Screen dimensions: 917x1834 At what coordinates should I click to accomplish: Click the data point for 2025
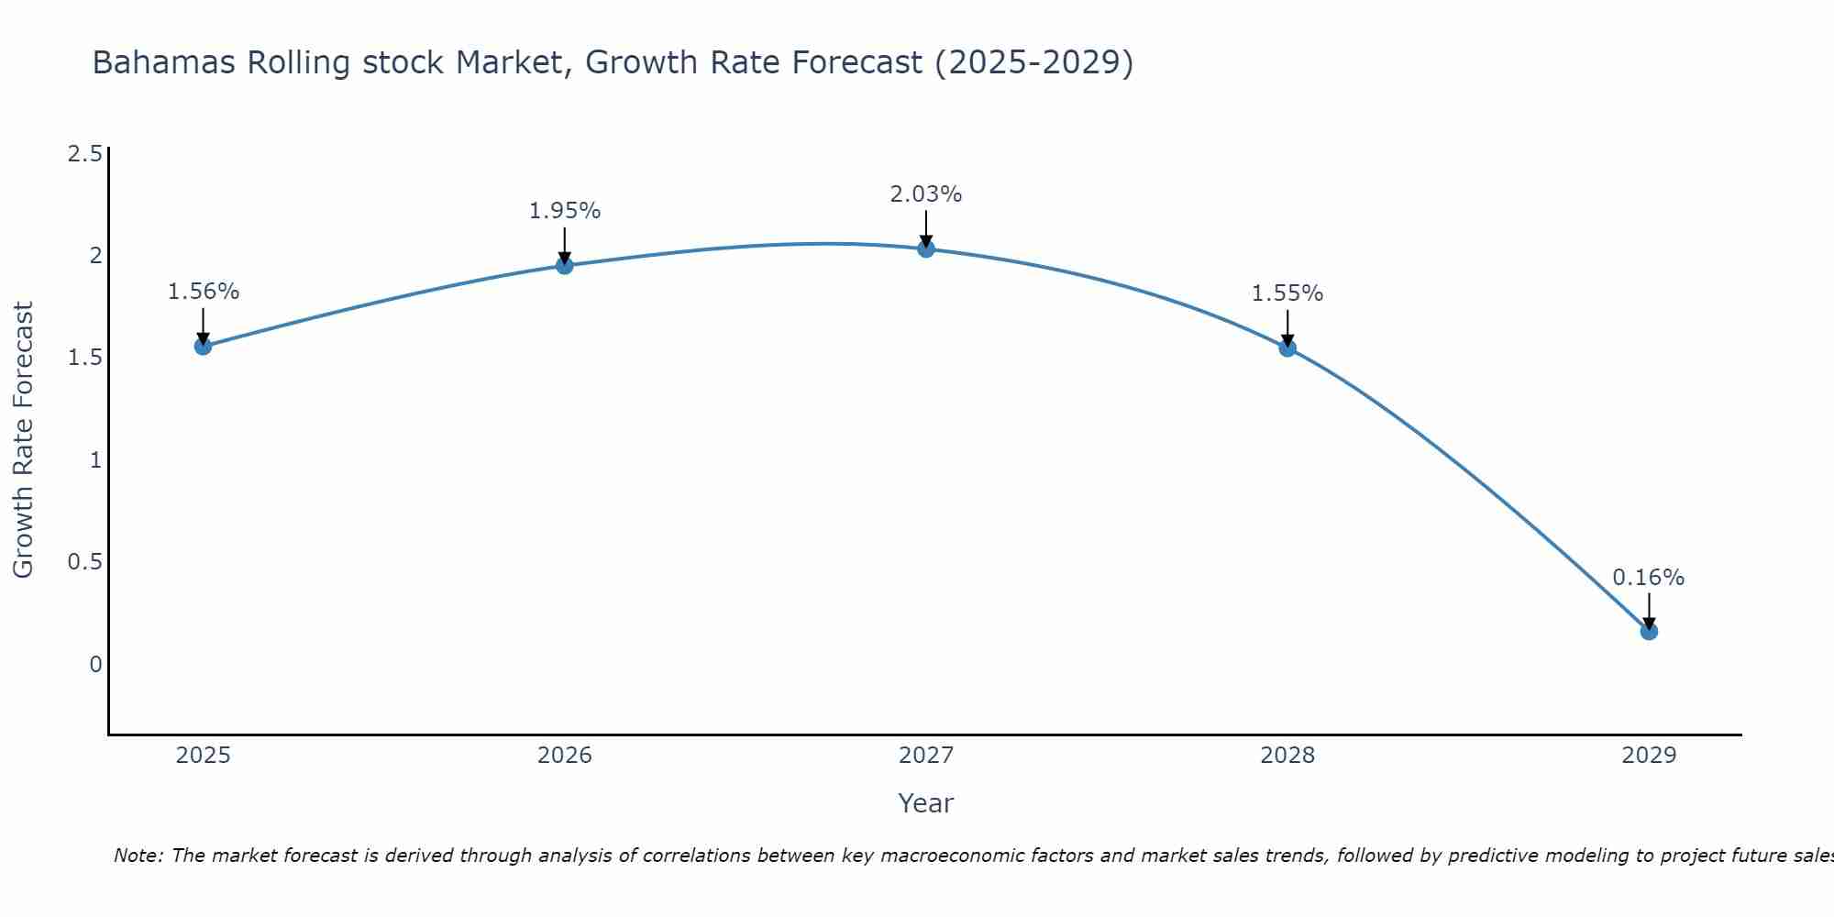[203, 346]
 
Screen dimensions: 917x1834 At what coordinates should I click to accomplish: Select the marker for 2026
[565, 266]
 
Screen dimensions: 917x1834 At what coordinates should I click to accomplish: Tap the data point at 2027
[926, 249]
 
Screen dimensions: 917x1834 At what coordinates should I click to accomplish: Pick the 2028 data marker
[1287, 348]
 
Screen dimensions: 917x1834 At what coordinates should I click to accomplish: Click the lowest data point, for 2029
[1649, 631]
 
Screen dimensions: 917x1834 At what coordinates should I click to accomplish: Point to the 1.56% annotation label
[203, 292]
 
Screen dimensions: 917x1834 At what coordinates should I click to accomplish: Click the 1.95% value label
[565, 211]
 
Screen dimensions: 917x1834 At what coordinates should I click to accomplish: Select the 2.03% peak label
[926, 194]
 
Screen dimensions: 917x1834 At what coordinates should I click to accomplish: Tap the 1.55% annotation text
[1287, 293]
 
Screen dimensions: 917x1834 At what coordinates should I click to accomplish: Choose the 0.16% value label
[1649, 578]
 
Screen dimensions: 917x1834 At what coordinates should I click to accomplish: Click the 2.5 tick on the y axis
[84, 154]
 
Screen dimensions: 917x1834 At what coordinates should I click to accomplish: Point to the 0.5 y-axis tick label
[84, 562]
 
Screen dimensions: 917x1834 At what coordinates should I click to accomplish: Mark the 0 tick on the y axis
[95, 664]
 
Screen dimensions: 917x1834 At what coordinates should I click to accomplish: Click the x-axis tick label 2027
[926, 756]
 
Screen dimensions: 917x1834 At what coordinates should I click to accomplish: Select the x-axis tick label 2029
[1649, 756]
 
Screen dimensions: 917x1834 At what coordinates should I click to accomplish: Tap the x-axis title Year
[926, 803]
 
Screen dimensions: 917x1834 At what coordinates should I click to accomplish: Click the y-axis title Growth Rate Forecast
[23, 440]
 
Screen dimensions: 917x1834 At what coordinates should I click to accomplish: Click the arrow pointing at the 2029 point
[1649, 611]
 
